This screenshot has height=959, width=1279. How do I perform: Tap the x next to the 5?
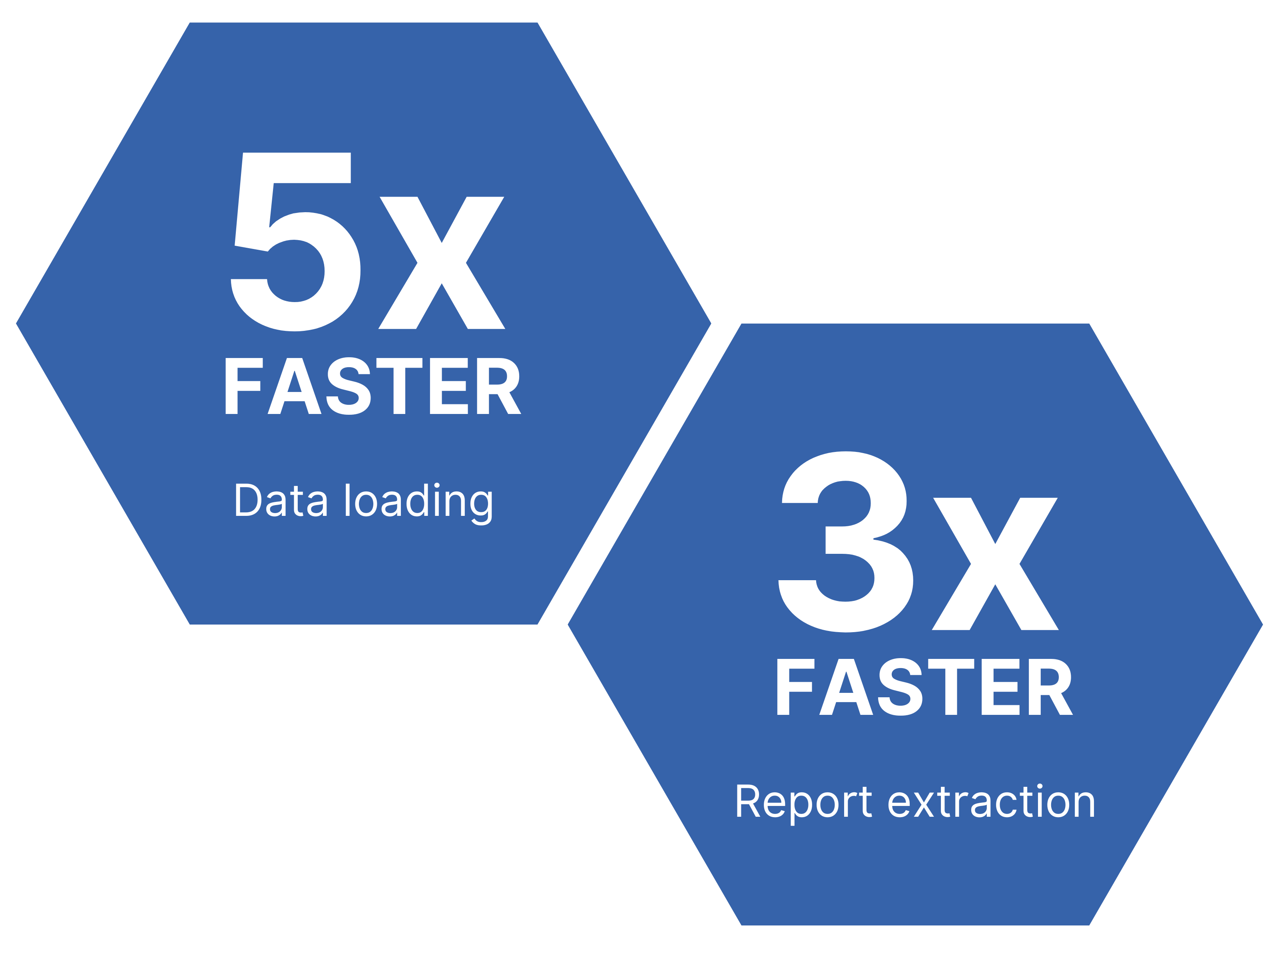[x=442, y=263]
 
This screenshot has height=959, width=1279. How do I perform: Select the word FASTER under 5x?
[x=373, y=386]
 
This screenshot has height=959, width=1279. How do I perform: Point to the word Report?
[x=803, y=803]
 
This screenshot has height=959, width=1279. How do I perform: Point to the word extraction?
[x=991, y=802]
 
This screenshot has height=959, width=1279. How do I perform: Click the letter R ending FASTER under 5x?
[x=498, y=386]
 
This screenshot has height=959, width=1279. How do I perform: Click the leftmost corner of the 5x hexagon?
[x=17, y=323]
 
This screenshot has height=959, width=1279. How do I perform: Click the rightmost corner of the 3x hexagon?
[x=1262, y=624]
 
